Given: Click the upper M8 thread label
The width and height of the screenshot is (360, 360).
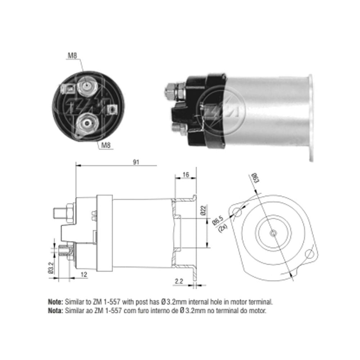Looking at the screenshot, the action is [72, 55].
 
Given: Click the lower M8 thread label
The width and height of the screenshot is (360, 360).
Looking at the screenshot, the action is [106, 145].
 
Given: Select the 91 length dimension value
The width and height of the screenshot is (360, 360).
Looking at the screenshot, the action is [136, 162].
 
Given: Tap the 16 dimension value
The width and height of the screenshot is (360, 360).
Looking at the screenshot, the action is [186, 175].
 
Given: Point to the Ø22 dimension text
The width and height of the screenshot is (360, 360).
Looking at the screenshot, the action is [203, 210].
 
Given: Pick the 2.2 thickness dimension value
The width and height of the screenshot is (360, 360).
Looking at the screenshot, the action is [179, 282].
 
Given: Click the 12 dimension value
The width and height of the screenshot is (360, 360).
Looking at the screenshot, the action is [84, 275].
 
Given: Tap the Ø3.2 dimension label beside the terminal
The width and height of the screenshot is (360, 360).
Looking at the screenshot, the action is [51, 268].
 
